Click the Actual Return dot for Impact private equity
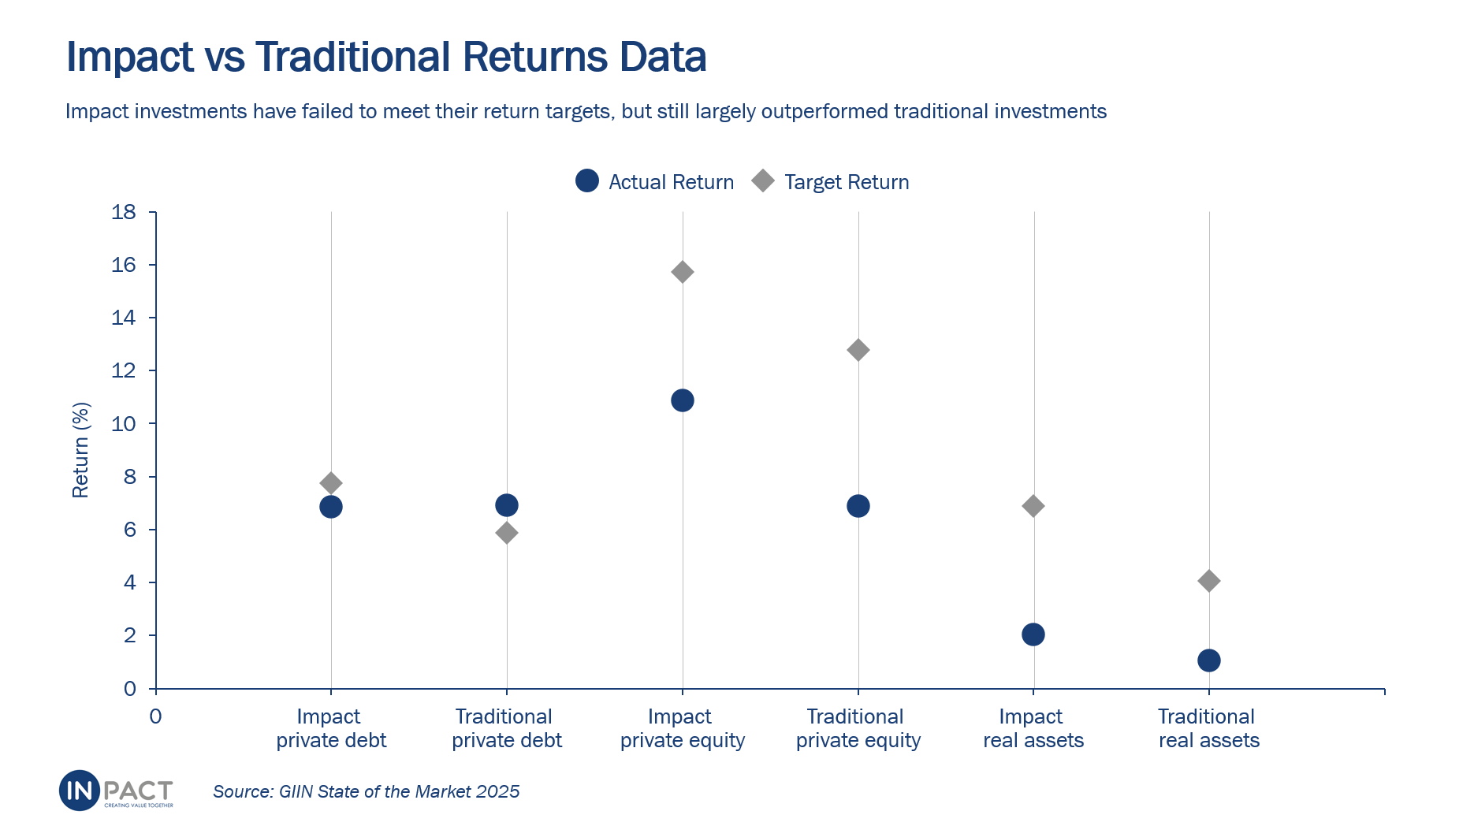pos(683,400)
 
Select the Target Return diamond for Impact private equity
pos(683,272)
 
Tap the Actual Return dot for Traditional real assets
pos(1209,660)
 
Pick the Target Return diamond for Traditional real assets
pos(1209,581)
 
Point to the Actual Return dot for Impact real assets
pos(1033,634)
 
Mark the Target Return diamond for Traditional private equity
pos(858,350)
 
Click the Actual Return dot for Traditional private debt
pos(507,505)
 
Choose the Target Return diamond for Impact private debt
pos(331,483)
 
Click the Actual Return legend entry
pos(655,182)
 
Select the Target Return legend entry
pos(831,182)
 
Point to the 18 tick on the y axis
pos(124,212)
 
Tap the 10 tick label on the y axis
pos(124,424)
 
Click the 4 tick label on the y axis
pos(129,582)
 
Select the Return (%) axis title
pos(80,450)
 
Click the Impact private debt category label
pos(331,728)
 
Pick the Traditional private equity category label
pos(858,728)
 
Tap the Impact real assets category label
pos(1033,728)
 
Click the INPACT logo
pos(116,791)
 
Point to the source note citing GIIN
pos(366,791)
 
